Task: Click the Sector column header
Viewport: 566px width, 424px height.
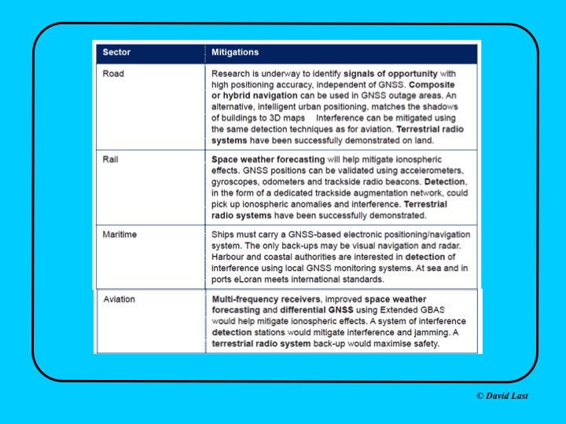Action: tap(116, 53)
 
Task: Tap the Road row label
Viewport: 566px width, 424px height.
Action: tap(114, 74)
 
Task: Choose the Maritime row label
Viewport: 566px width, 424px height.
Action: tap(120, 235)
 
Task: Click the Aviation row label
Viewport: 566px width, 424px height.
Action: tap(119, 300)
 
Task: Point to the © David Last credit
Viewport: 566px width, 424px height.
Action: tap(503, 396)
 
